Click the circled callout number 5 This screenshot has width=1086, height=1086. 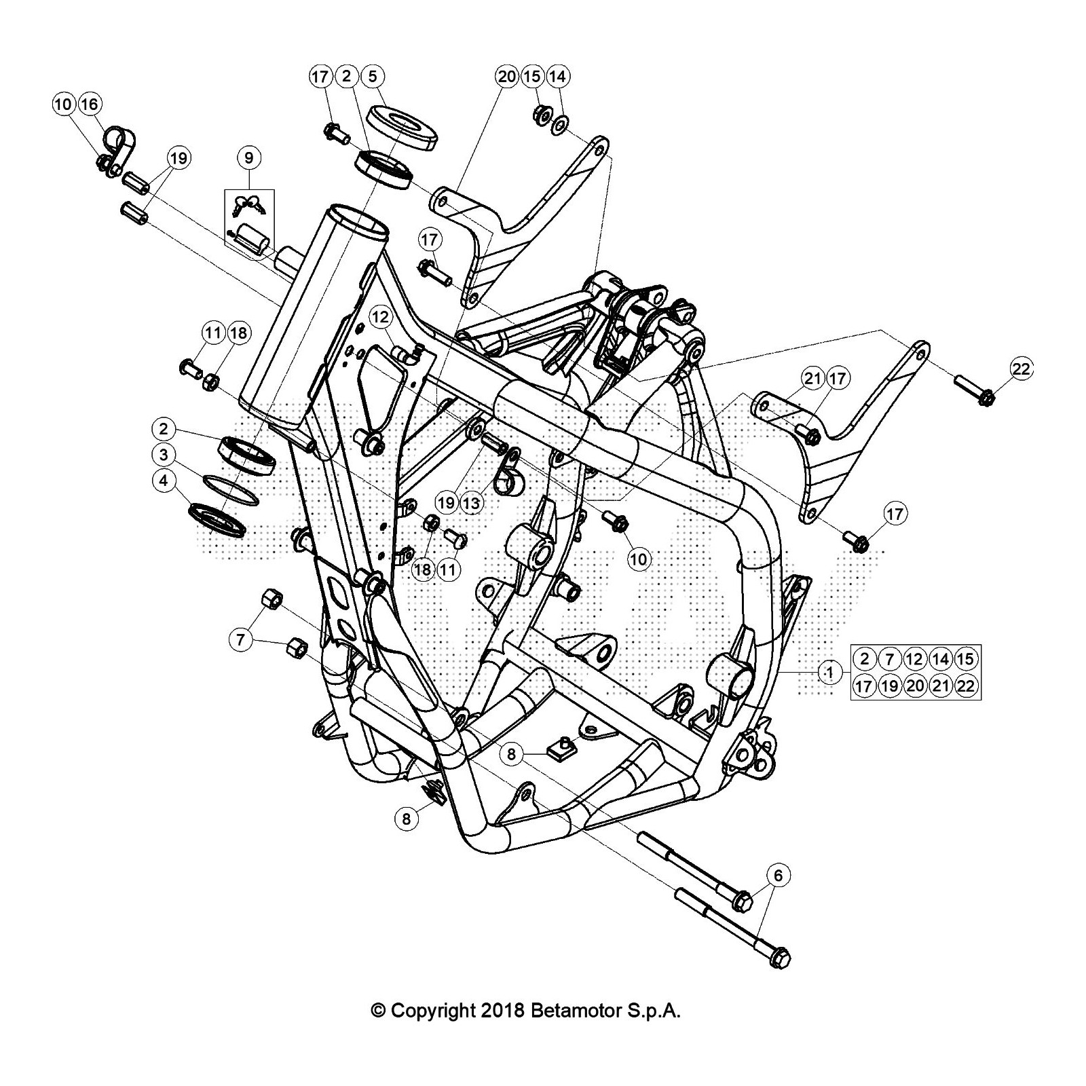373,76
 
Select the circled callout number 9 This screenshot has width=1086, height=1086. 249,158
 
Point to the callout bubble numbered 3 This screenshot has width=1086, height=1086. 164,455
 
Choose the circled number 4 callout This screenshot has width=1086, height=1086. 164,481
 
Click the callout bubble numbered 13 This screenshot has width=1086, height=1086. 471,503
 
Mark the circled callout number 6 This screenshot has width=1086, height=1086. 778,875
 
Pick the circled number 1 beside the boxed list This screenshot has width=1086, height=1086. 829,672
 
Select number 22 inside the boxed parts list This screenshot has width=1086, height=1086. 966,686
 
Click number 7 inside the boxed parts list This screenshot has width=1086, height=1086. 890,658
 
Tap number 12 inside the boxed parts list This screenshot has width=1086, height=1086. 915,658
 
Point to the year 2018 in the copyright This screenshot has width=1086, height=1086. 501,1011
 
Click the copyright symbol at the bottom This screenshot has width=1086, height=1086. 378,1011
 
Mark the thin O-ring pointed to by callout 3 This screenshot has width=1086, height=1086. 231,489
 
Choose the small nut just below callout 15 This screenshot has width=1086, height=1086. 542,114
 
